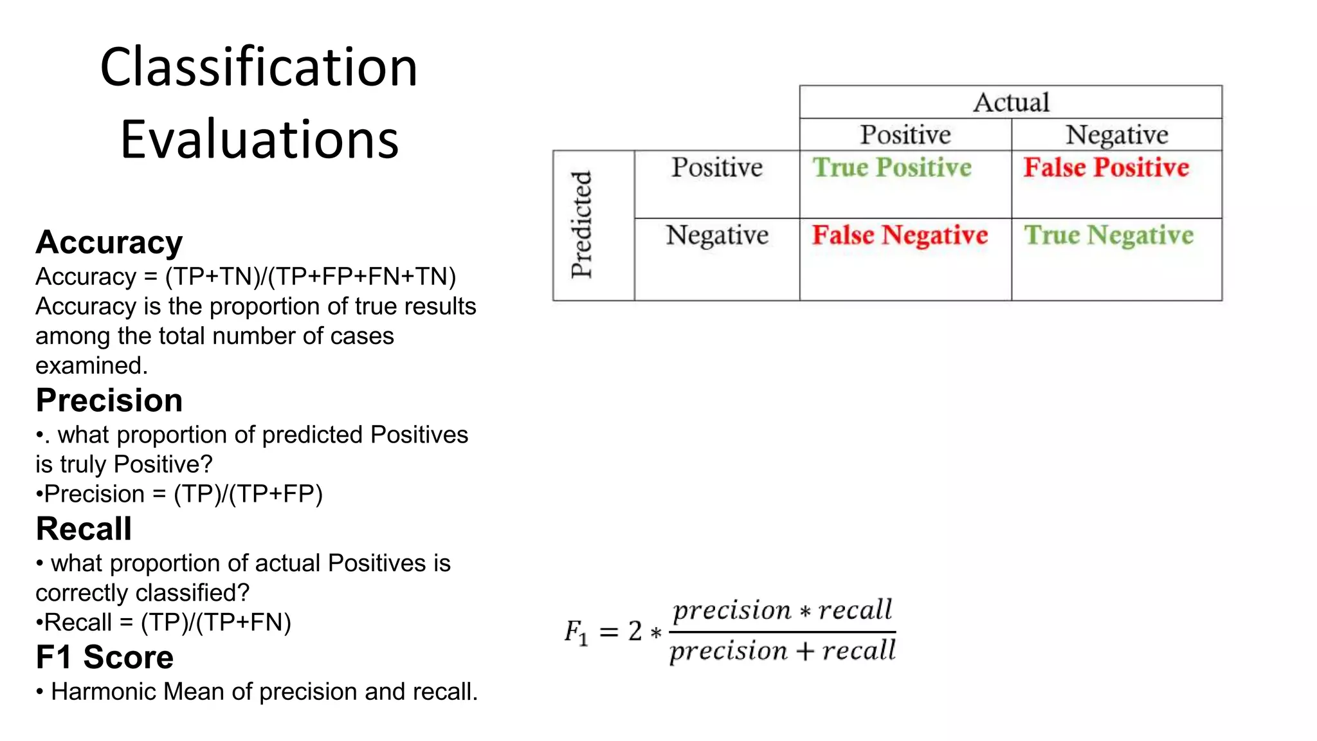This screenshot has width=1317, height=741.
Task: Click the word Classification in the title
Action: point(259,68)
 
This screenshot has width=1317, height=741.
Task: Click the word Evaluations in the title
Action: point(259,140)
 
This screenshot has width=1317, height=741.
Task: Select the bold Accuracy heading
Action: point(109,242)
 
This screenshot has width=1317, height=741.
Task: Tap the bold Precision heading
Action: point(109,400)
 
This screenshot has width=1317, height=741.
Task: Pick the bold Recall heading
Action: point(84,529)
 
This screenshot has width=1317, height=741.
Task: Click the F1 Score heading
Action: point(104,657)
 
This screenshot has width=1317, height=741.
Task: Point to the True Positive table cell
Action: point(892,168)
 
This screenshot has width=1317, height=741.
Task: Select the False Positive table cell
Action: point(1106,168)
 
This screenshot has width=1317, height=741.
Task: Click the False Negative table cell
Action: point(900,235)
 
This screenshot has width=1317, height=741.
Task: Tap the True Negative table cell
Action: point(1109,235)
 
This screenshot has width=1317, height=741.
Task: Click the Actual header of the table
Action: point(1010,103)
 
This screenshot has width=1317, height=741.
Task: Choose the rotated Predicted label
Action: point(581,224)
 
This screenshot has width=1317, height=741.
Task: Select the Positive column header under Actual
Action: point(905,135)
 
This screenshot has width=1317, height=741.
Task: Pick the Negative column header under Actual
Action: point(1116,135)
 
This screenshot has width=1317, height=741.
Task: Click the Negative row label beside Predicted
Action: point(717,235)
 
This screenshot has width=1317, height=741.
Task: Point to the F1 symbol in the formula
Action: point(576,632)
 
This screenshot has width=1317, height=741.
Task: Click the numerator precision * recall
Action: point(783,610)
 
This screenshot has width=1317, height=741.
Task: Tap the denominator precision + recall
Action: point(783,651)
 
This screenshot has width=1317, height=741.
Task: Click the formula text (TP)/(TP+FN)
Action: point(216,623)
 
